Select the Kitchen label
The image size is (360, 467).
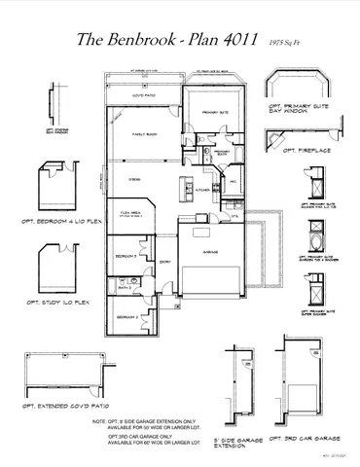201,190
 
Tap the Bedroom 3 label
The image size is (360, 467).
125,256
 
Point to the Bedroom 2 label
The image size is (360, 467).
127,317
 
